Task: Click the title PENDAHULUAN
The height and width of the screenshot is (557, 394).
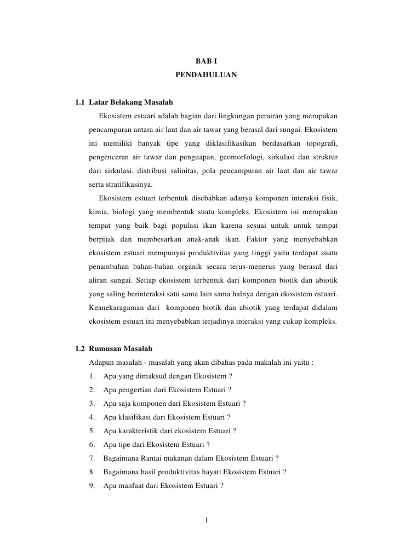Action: (206, 73)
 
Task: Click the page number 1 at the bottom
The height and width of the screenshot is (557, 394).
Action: (206, 520)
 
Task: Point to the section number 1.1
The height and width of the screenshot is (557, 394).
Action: (79, 102)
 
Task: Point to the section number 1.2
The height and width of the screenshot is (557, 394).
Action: (79, 349)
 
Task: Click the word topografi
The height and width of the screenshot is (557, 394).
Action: (320, 143)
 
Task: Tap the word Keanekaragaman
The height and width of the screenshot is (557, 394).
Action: (116, 308)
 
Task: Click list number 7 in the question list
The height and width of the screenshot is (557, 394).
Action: (92, 458)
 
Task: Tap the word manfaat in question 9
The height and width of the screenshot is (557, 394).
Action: (128, 485)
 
